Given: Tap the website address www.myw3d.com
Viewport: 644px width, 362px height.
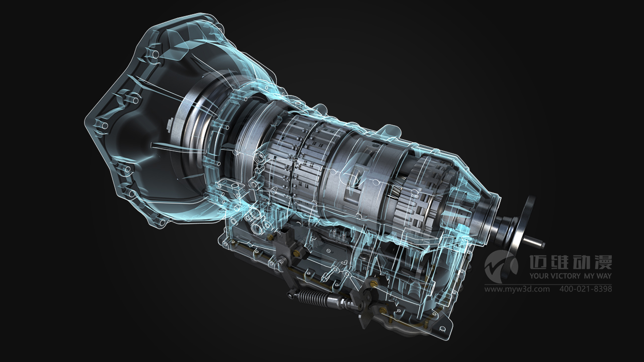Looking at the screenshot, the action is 517,289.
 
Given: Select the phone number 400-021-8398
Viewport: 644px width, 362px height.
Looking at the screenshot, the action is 585,289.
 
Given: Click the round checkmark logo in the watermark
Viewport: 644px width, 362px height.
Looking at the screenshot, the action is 501,266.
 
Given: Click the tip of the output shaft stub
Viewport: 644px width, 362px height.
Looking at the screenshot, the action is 543,245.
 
